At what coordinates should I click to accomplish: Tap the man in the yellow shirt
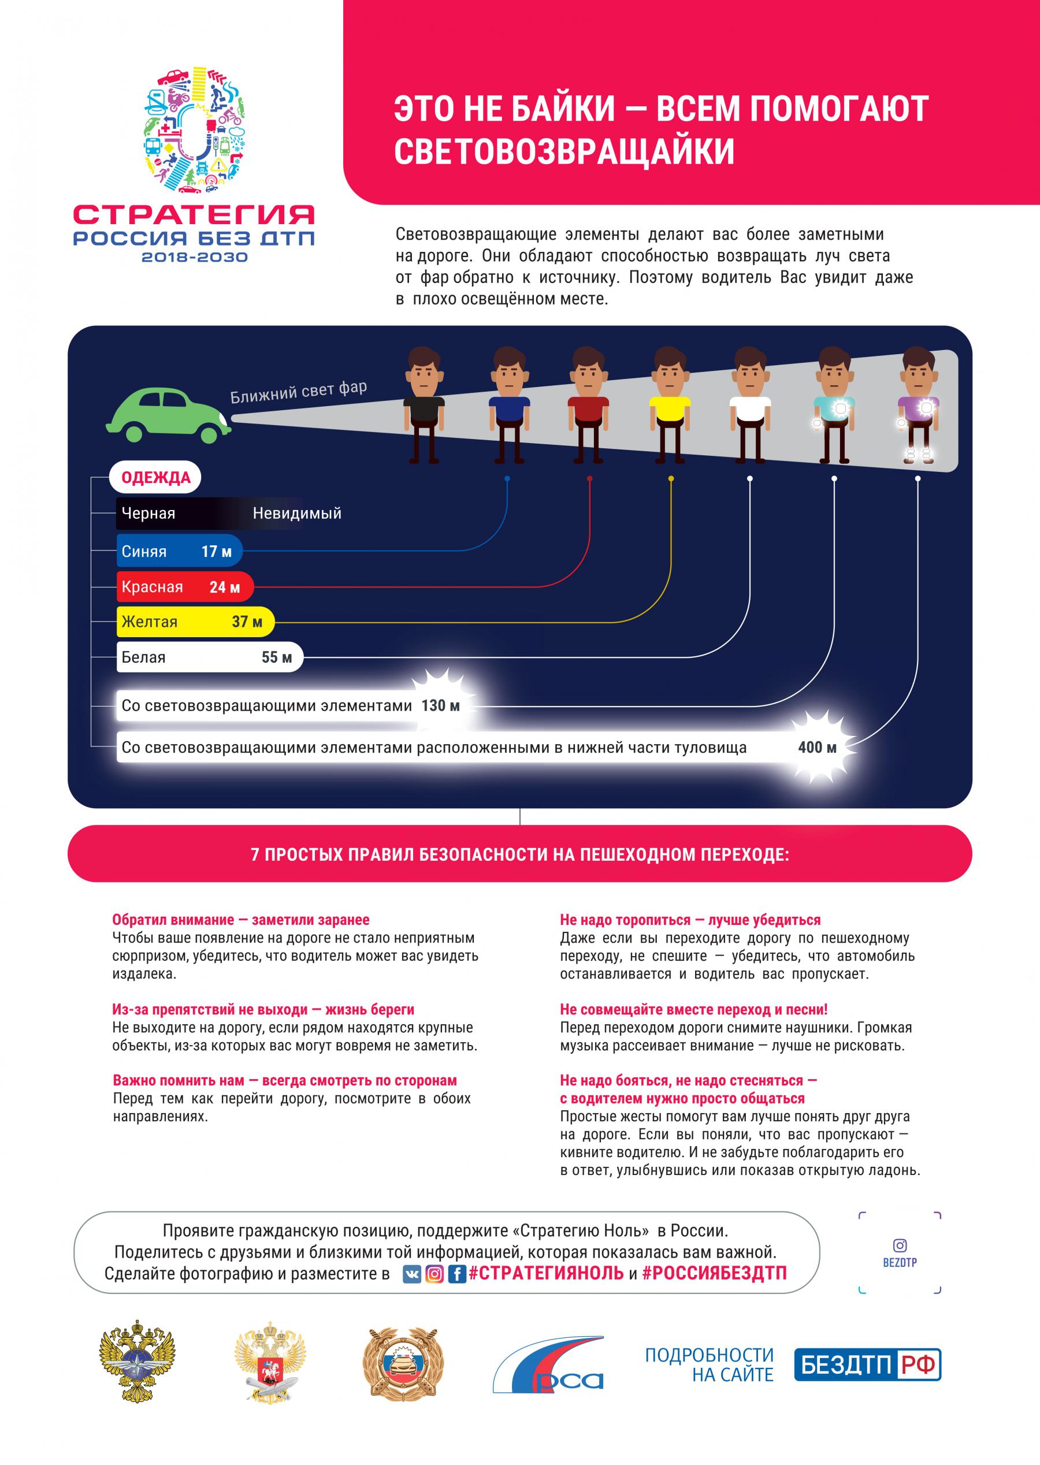pos(669,405)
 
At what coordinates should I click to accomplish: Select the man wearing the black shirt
pos(424,405)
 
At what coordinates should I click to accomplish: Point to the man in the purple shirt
pos(918,405)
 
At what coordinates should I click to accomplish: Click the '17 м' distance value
pos(217,551)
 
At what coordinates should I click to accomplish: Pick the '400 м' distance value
pos(817,747)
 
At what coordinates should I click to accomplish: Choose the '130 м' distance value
pos(441,705)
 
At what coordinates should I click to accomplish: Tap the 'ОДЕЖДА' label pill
pos(155,478)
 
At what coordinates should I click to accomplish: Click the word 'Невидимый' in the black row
pos(297,513)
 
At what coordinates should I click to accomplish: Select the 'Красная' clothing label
pos(153,587)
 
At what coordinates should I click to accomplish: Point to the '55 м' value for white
pos(277,657)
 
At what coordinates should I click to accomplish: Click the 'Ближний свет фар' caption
pos(299,391)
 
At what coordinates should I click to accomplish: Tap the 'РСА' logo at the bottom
pos(548,1364)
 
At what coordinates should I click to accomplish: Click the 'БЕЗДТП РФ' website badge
pos(867,1364)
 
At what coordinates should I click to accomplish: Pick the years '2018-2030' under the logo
pos(194,258)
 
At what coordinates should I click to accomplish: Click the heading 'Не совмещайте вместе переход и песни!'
pos(693,1010)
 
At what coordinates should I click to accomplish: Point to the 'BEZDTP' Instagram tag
pos(900,1262)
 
